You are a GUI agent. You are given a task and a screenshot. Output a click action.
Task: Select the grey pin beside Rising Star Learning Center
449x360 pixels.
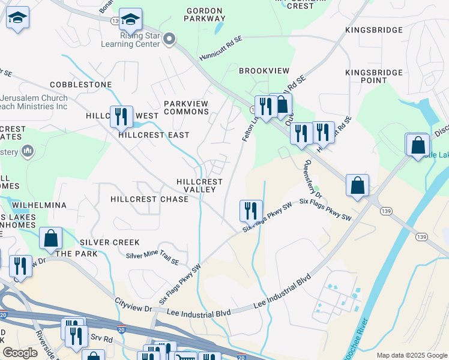pos(170,40)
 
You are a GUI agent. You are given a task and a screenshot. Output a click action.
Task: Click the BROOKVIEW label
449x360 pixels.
pos(264,71)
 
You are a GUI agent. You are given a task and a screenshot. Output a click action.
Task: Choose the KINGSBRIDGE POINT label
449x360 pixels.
pos(374,76)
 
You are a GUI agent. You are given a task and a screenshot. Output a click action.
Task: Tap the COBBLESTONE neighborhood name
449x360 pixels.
pos(81,85)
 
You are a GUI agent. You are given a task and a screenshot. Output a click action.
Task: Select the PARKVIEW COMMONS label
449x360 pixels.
pos(186,108)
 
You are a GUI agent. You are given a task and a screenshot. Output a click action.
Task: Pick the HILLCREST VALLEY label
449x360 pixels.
pos(199,185)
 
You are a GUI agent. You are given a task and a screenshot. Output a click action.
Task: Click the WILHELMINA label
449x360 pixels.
pos(38,205)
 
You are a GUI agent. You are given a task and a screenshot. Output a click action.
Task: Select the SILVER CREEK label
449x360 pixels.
pos(109,242)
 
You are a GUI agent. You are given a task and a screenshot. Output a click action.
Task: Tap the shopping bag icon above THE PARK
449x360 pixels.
pos(51,238)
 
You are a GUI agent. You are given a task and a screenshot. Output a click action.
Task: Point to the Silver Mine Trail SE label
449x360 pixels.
pos(152,258)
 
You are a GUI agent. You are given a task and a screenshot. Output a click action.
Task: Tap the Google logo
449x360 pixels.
pos(20,353)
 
